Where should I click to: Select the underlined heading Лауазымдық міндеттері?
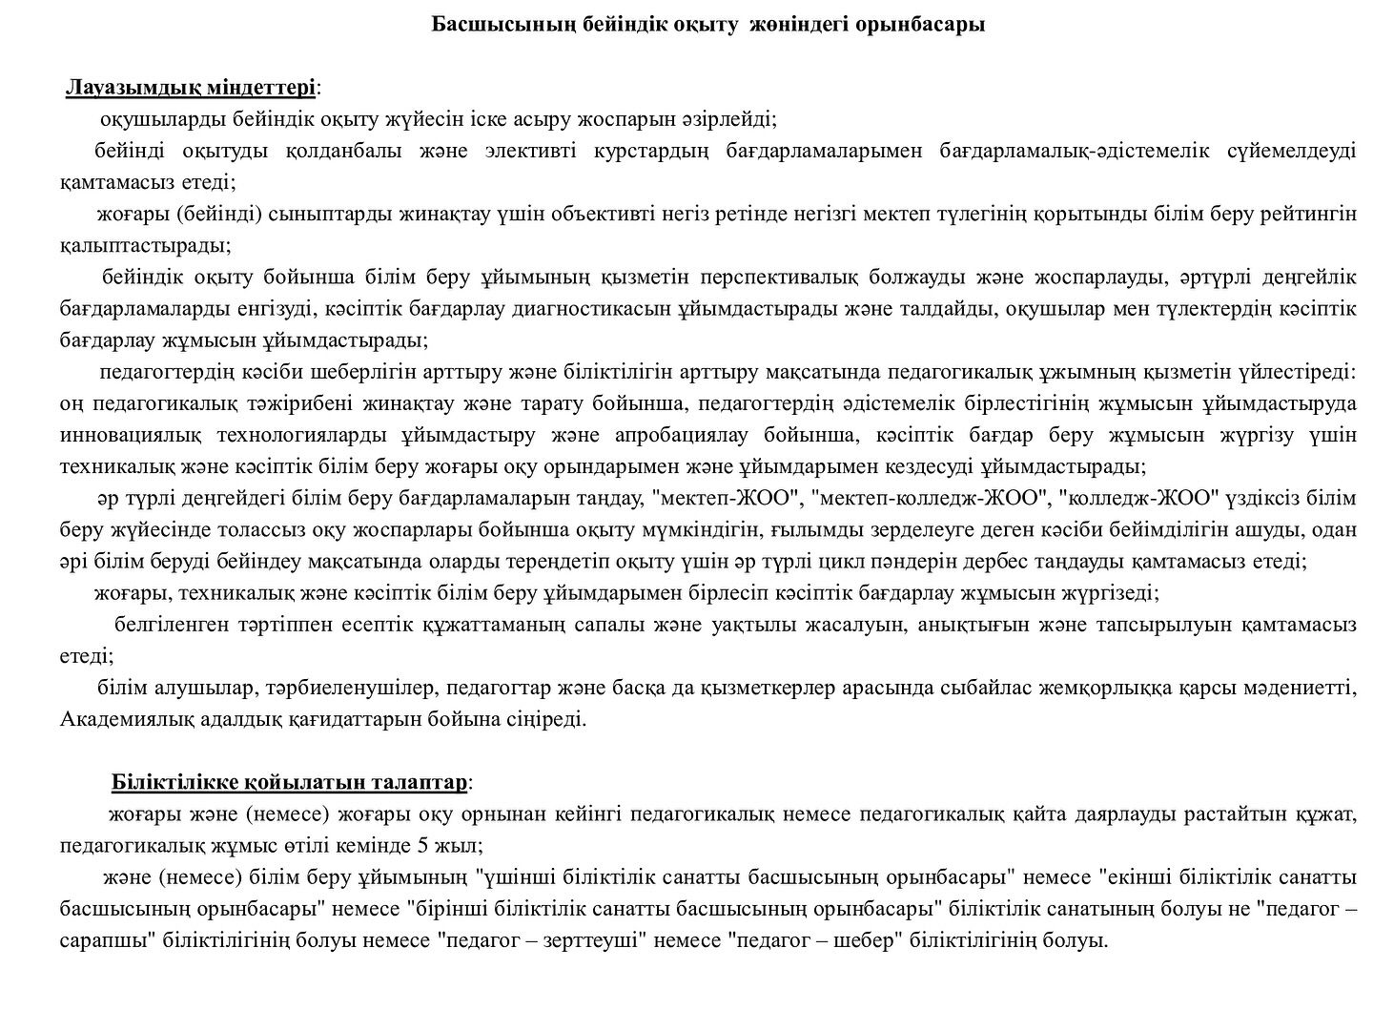[x=191, y=88]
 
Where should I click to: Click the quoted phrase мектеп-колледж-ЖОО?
[x=924, y=499]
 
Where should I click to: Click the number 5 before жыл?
[x=421, y=846]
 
